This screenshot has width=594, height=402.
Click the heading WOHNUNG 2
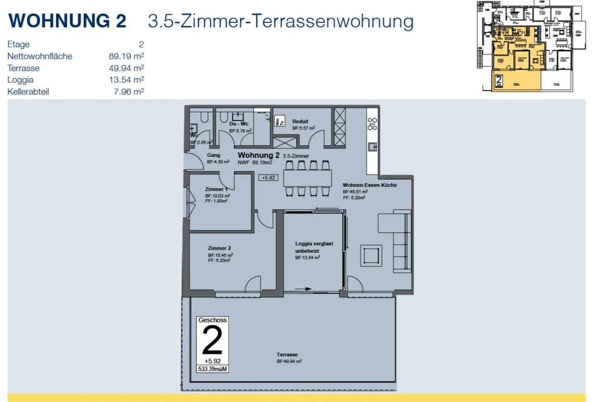[67, 21]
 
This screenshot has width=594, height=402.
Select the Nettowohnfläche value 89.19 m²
[126, 56]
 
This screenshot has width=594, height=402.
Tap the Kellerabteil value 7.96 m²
[129, 92]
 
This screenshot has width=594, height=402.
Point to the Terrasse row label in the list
[24, 68]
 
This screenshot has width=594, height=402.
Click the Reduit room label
[300, 122]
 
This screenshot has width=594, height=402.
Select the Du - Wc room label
[239, 124]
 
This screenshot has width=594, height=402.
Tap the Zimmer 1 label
[216, 189]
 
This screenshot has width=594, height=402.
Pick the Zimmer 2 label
[219, 248]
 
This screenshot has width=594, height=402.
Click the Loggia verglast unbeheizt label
[313, 247]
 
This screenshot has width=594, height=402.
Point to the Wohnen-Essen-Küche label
[370, 185]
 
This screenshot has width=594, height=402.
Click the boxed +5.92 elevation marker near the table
[268, 178]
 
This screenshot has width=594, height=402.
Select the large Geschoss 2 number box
[212, 341]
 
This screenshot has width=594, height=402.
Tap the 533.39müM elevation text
[212, 369]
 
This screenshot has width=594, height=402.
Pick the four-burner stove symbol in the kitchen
[372, 124]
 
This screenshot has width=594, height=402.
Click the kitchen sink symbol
[372, 147]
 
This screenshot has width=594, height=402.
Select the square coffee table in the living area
[371, 256]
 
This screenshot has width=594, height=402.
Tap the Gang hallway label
[214, 155]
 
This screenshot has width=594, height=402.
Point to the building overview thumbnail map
[531, 46]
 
